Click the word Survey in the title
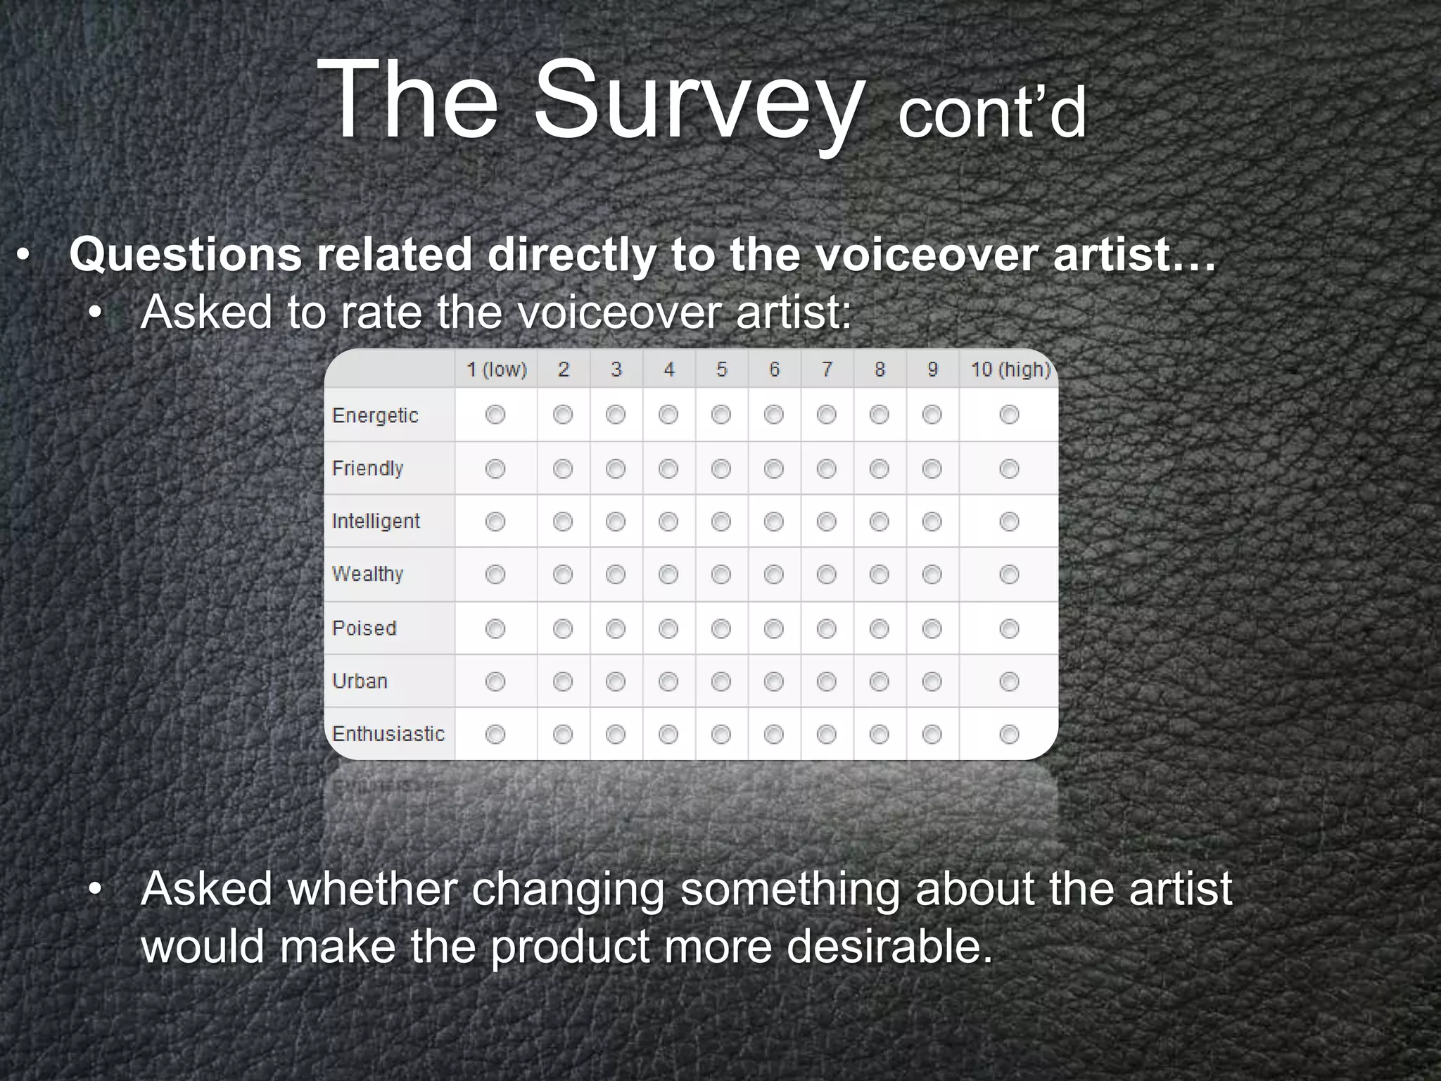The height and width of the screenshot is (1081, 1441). (x=697, y=102)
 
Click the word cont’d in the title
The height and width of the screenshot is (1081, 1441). (x=992, y=114)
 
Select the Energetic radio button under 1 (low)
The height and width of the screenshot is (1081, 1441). (x=495, y=415)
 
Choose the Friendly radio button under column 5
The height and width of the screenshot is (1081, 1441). (x=720, y=469)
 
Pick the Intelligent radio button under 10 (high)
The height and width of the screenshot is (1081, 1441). (x=1009, y=521)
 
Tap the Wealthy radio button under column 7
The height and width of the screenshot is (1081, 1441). (x=826, y=575)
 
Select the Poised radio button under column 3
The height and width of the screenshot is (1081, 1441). (x=616, y=628)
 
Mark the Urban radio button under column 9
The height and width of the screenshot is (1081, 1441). (x=932, y=681)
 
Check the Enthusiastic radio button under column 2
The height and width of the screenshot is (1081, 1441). (x=563, y=735)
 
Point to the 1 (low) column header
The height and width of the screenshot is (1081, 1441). (x=497, y=369)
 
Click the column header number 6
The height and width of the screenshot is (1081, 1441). (x=774, y=369)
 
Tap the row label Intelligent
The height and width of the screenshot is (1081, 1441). (x=376, y=521)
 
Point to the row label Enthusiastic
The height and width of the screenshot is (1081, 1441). (x=388, y=734)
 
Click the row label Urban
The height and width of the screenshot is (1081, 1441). (x=360, y=681)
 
